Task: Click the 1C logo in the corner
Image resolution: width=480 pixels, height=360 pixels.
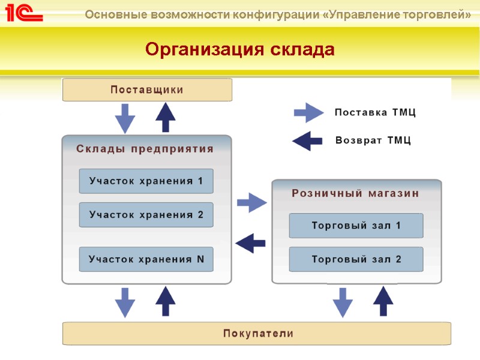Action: coord(24,13)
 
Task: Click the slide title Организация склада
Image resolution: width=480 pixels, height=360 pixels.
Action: coord(239,49)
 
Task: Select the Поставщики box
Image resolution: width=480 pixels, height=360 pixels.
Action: coord(147,90)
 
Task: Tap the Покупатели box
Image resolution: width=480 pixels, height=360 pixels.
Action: coord(257,333)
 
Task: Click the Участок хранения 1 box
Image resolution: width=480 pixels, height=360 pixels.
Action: coord(146,181)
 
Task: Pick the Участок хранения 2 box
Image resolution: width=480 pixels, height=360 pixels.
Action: coord(146,214)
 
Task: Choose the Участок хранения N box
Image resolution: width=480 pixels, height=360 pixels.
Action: coord(146,259)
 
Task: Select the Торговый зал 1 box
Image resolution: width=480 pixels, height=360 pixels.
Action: coord(356,226)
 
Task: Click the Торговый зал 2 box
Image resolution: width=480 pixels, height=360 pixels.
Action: coord(356,259)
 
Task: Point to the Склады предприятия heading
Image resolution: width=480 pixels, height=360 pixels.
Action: coord(145,149)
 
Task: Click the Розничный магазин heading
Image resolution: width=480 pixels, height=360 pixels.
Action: coord(355,193)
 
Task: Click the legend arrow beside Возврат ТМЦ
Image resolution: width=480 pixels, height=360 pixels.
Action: coord(307,141)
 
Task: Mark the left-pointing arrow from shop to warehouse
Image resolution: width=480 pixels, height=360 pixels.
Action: coord(251,243)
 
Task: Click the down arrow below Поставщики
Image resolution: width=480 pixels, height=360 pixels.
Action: coord(125,118)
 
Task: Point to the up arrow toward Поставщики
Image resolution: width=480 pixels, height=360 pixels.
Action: coord(166,118)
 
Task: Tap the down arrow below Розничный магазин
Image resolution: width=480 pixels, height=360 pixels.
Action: coord(343,302)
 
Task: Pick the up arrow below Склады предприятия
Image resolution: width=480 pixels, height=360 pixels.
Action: coord(166,302)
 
